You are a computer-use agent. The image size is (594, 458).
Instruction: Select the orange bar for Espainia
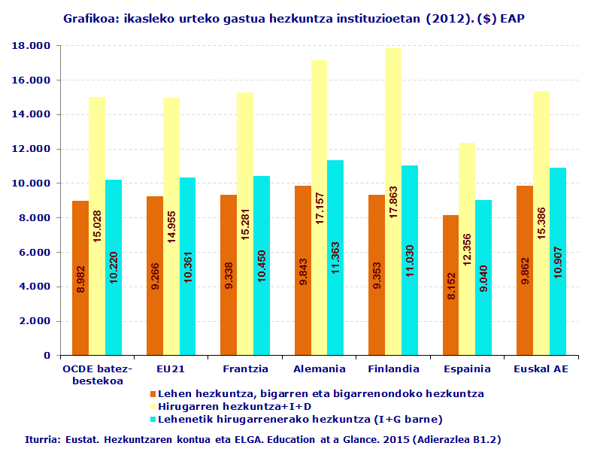click(450, 285)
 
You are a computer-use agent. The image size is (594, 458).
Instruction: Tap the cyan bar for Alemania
click(335, 257)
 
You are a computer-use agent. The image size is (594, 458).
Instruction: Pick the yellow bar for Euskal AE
click(541, 223)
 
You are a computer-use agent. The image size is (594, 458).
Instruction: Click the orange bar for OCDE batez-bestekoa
click(80, 278)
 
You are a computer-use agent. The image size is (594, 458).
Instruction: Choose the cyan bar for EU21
click(187, 266)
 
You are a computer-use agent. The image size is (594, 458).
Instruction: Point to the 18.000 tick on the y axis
click(32, 46)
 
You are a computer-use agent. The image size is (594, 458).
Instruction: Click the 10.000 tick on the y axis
click(32, 184)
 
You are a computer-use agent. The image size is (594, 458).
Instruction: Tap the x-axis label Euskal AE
click(541, 369)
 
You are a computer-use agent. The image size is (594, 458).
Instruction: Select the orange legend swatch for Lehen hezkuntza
click(152, 394)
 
